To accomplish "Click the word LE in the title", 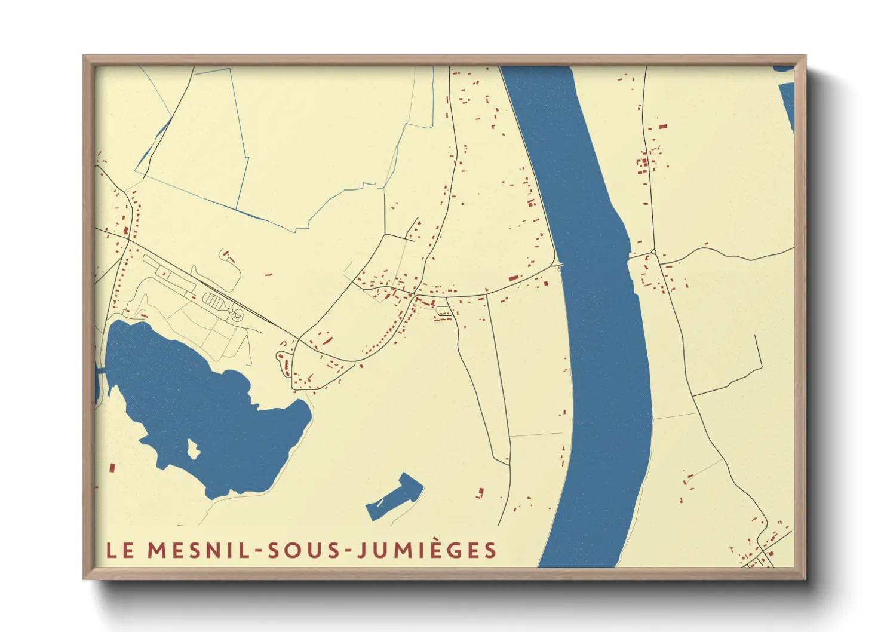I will tap(120, 550).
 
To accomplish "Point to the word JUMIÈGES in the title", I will tap(427, 550).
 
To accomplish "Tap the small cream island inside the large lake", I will tap(193, 449).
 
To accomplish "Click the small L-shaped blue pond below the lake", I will tap(394, 495).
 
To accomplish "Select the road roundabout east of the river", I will tap(654, 253).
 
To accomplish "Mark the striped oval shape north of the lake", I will tap(213, 300).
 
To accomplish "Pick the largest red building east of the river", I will tap(662, 127).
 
